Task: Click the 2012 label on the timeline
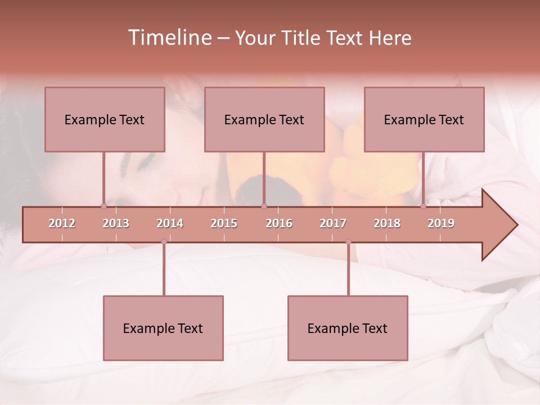pyautogui.click(x=62, y=223)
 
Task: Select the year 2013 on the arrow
pyautogui.click(x=116, y=223)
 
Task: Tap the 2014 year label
pyautogui.click(x=170, y=223)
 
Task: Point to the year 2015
pyautogui.click(x=224, y=223)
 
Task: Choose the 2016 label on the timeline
pyautogui.click(x=279, y=223)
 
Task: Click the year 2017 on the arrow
pyautogui.click(x=333, y=223)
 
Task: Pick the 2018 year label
pyautogui.click(x=387, y=223)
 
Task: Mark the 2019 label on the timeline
pyautogui.click(x=441, y=223)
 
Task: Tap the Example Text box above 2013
pyautogui.click(x=105, y=119)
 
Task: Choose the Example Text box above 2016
pyautogui.click(x=264, y=119)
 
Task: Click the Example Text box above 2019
pyautogui.click(x=424, y=119)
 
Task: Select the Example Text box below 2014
pyautogui.click(x=163, y=328)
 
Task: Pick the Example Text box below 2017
pyautogui.click(x=348, y=328)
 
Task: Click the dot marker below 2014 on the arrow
pyautogui.click(x=164, y=242)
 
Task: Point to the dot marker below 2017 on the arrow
pyautogui.click(x=348, y=242)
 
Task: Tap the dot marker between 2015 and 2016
pyautogui.click(x=264, y=206)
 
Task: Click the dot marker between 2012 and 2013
pyautogui.click(x=103, y=206)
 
